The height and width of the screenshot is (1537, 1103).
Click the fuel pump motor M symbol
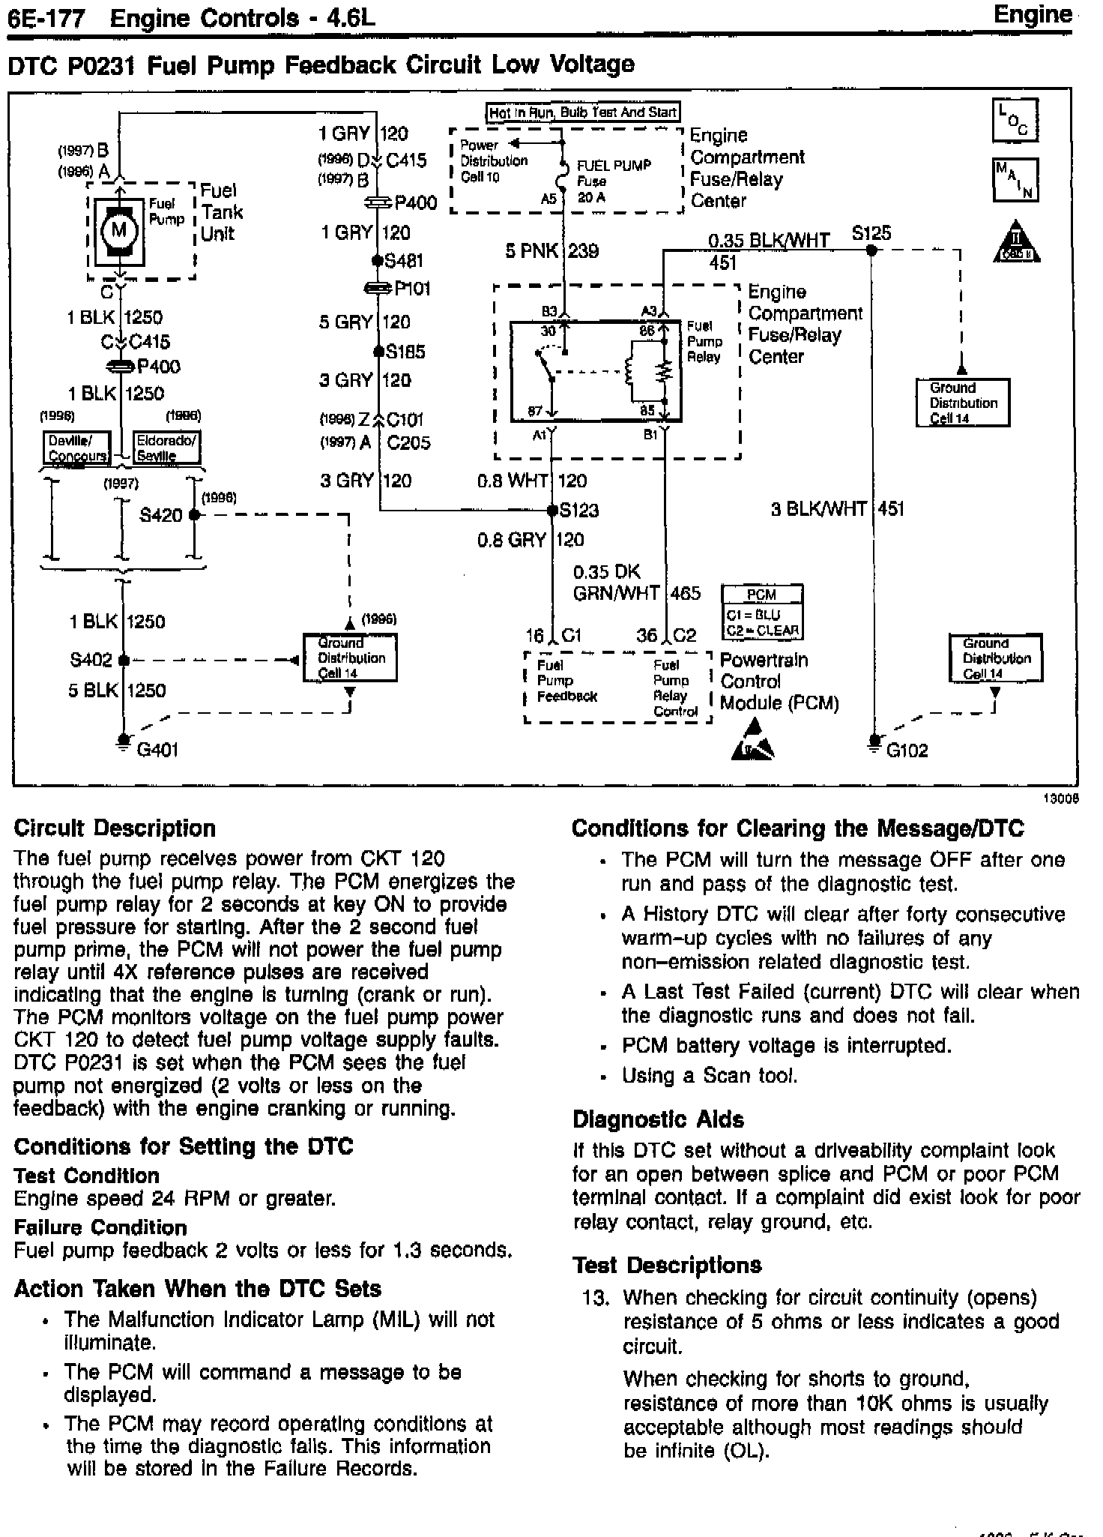pyautogui.click(x=118, y=229)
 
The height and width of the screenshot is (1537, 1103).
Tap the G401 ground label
pyautogui.click(x=157, y=750)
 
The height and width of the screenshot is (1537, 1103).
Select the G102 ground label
pyautogui.click(x=907, y=751)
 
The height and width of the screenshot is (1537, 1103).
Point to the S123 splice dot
pyautogui.click(x=552, y=511)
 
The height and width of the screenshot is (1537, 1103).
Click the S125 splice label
pyautogui.click(x=871, y=233)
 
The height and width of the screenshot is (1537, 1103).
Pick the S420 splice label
pyautogui.click(x=161, y=515)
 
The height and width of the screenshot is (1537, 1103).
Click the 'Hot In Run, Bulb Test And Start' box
pyautogui.click(x=582, y=112)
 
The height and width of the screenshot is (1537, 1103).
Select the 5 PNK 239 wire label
pyautogui.click(x=551, y=251)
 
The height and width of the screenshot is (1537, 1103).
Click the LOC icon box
pyautogui.click(x=1015, y=120)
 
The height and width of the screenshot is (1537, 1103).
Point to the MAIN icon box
pyautogui.click(x=1015, y=179)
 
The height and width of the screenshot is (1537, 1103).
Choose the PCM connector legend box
pyautogui.click(x=761, y=613)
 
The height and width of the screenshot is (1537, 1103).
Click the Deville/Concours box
pyautogui.click(x=76, y=448)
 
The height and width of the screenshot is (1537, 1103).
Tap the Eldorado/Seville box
pyautogui.click(x=166, y=448)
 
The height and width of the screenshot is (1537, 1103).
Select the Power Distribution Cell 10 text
pyautogui.click(x=493, y=160)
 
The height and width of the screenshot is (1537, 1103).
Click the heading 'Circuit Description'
pyautogui.click(x=115, y=828)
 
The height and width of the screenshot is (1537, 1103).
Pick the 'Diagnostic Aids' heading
pyautogui.click(x=658, y=1119)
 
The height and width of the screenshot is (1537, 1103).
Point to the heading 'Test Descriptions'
pyautogui.click(x=667, y=1265)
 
